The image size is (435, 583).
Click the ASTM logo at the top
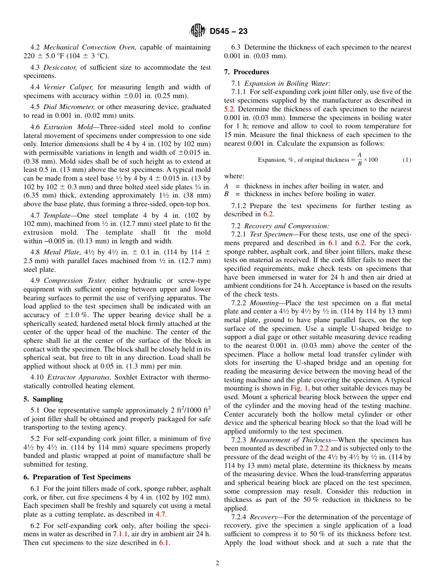tap(198, 31)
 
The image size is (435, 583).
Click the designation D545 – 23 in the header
tap(228, 32)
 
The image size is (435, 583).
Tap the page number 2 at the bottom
tap(217, 563)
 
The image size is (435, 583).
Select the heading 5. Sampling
tap(43, 399)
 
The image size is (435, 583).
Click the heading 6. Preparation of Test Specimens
tap(77, 477)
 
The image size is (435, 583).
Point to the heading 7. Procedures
tap(246, 72)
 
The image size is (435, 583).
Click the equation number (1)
tap(407, 160)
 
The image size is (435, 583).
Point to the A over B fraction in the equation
tap(359, 159)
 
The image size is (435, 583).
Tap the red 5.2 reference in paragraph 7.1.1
tap(229, 109)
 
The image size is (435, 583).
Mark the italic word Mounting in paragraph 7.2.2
tap(264, 303)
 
